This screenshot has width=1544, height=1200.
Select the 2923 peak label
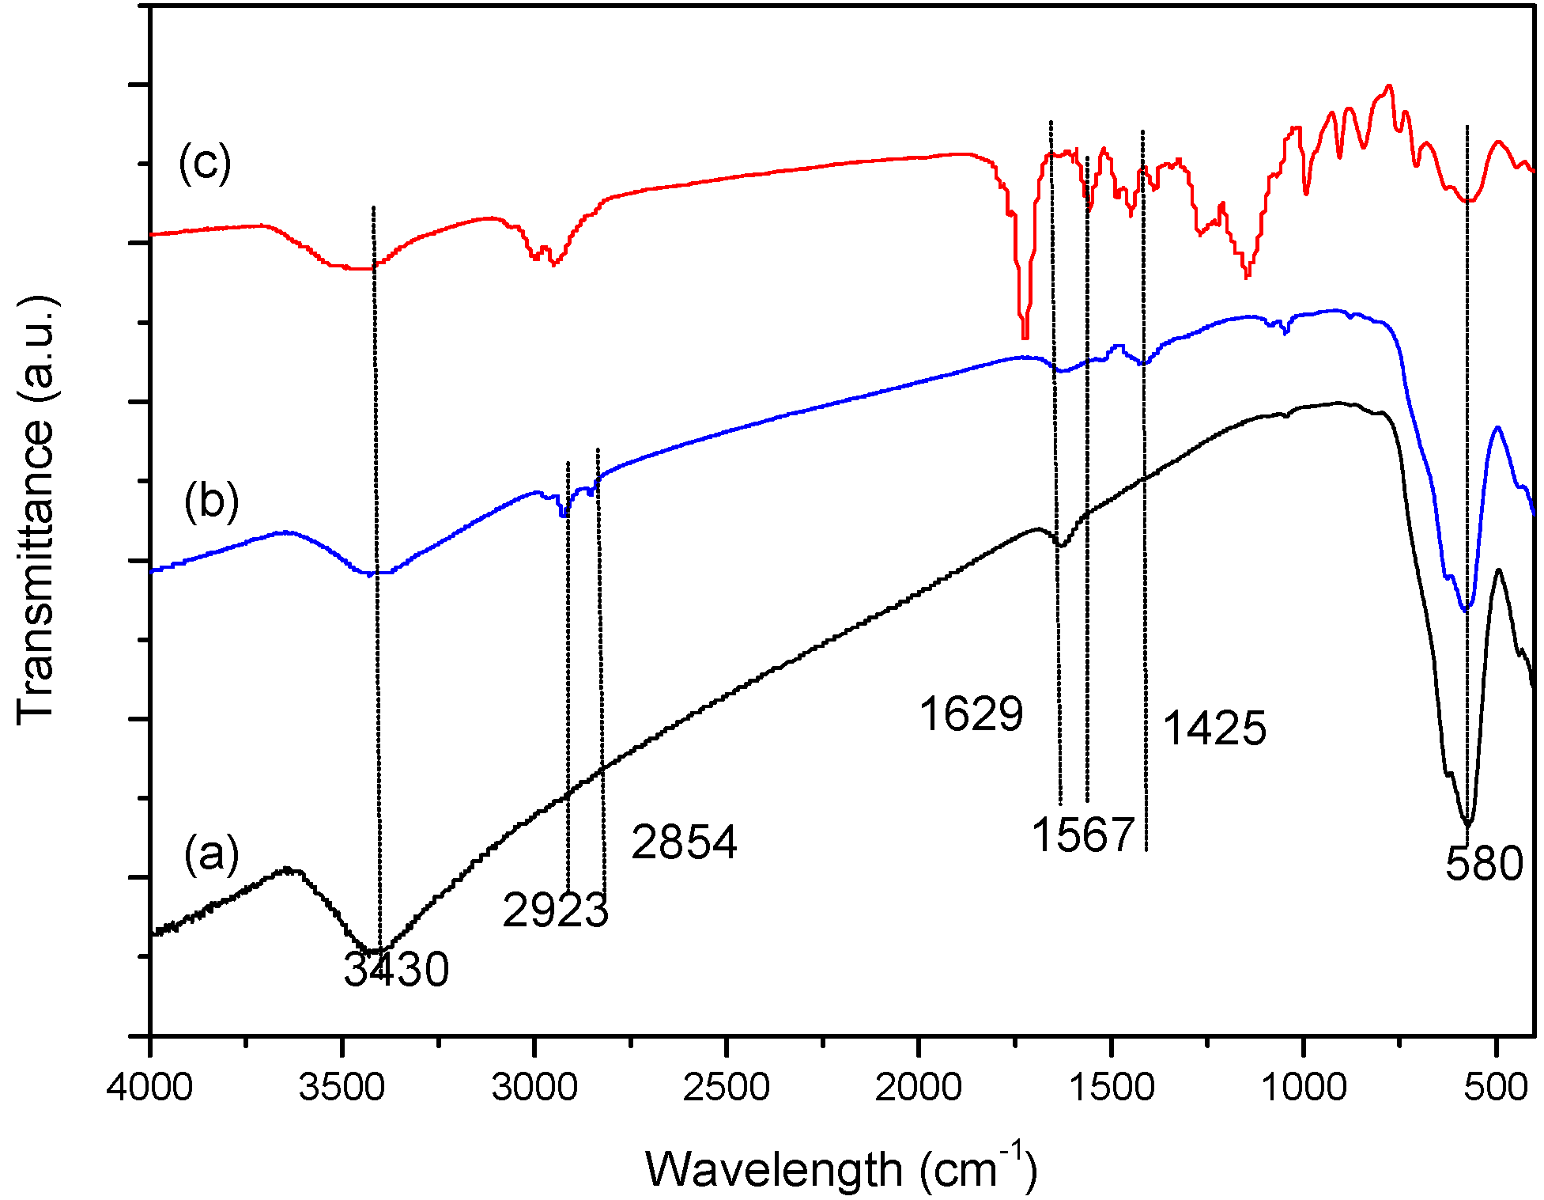pos(555,910)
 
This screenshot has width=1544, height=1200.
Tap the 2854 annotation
pos(684,842)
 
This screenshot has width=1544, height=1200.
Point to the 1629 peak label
pos(971,714)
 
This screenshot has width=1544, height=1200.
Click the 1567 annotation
pos(1083,835)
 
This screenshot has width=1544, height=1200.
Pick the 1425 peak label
pos(1214,728)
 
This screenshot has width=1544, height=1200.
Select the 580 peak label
pos(1484,863)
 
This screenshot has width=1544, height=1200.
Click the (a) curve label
pos(211,854)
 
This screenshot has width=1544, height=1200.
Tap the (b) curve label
pos(211,502)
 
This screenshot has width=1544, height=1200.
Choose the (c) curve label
pos(205,163)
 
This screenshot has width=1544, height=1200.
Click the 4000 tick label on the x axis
pos(150,1088)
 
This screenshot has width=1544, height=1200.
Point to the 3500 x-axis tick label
pos(342,1088)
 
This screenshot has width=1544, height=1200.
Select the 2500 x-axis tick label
pos(727,1088)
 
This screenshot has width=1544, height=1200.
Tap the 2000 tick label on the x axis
pos(919,1088)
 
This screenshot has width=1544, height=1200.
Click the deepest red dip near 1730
pos(1025,336)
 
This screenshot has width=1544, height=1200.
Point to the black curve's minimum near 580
pos(1467,823)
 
